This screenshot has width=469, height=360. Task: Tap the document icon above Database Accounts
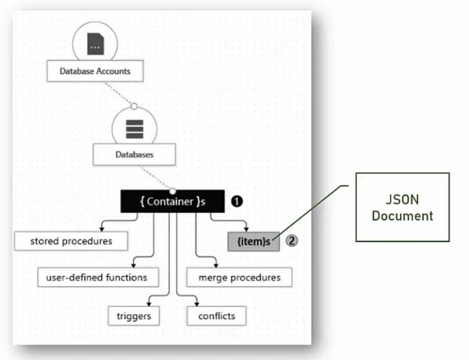95,45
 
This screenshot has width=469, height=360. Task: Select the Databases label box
134,154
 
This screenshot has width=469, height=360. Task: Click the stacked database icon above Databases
135,127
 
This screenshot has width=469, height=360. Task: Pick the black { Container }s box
172,202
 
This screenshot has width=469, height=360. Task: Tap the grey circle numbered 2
291,241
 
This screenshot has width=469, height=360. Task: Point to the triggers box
134,315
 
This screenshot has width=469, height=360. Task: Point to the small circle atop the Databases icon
134,106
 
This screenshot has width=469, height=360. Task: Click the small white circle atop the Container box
172,191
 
